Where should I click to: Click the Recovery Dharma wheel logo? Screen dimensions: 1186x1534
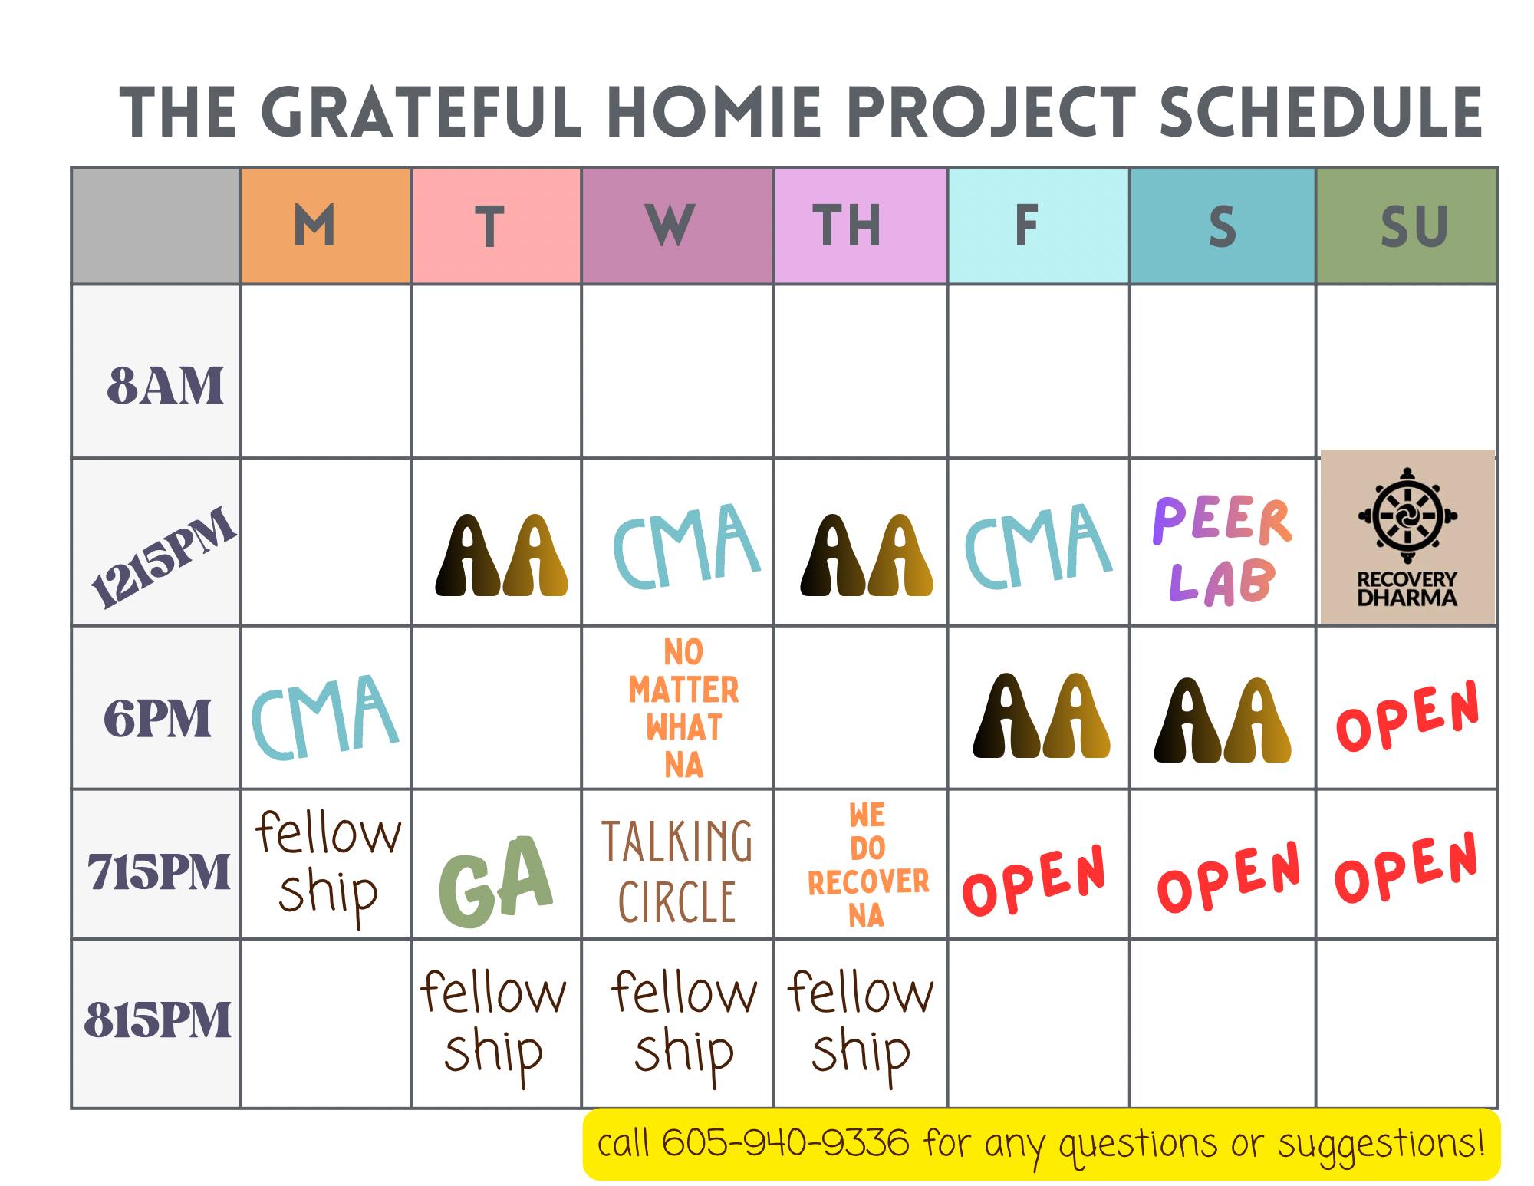[1407, 509]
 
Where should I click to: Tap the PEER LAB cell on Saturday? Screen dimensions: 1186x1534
[1223, 549]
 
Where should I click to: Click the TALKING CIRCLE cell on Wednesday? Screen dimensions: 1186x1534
[677, 871]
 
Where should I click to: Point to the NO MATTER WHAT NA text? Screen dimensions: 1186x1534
[683, 708]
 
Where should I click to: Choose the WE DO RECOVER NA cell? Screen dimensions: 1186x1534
[867, 865]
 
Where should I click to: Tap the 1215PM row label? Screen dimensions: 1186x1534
[162, 558]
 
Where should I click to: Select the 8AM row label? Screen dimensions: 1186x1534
[165, 385]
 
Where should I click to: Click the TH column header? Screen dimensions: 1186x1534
[846, 226]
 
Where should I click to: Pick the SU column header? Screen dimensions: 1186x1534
[1414, 226]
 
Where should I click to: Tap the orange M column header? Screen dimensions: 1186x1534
[314, 226]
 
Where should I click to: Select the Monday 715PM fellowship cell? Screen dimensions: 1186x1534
[328, 863]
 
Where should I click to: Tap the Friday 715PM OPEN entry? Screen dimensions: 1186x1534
[1033, 880]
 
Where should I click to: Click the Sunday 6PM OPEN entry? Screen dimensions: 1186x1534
[1407, 716]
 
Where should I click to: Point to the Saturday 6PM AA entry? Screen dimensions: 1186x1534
[1223, 720]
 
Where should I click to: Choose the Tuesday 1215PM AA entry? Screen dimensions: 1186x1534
[502, 555]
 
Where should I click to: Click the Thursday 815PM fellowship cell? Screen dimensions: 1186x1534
[861, 1023]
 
